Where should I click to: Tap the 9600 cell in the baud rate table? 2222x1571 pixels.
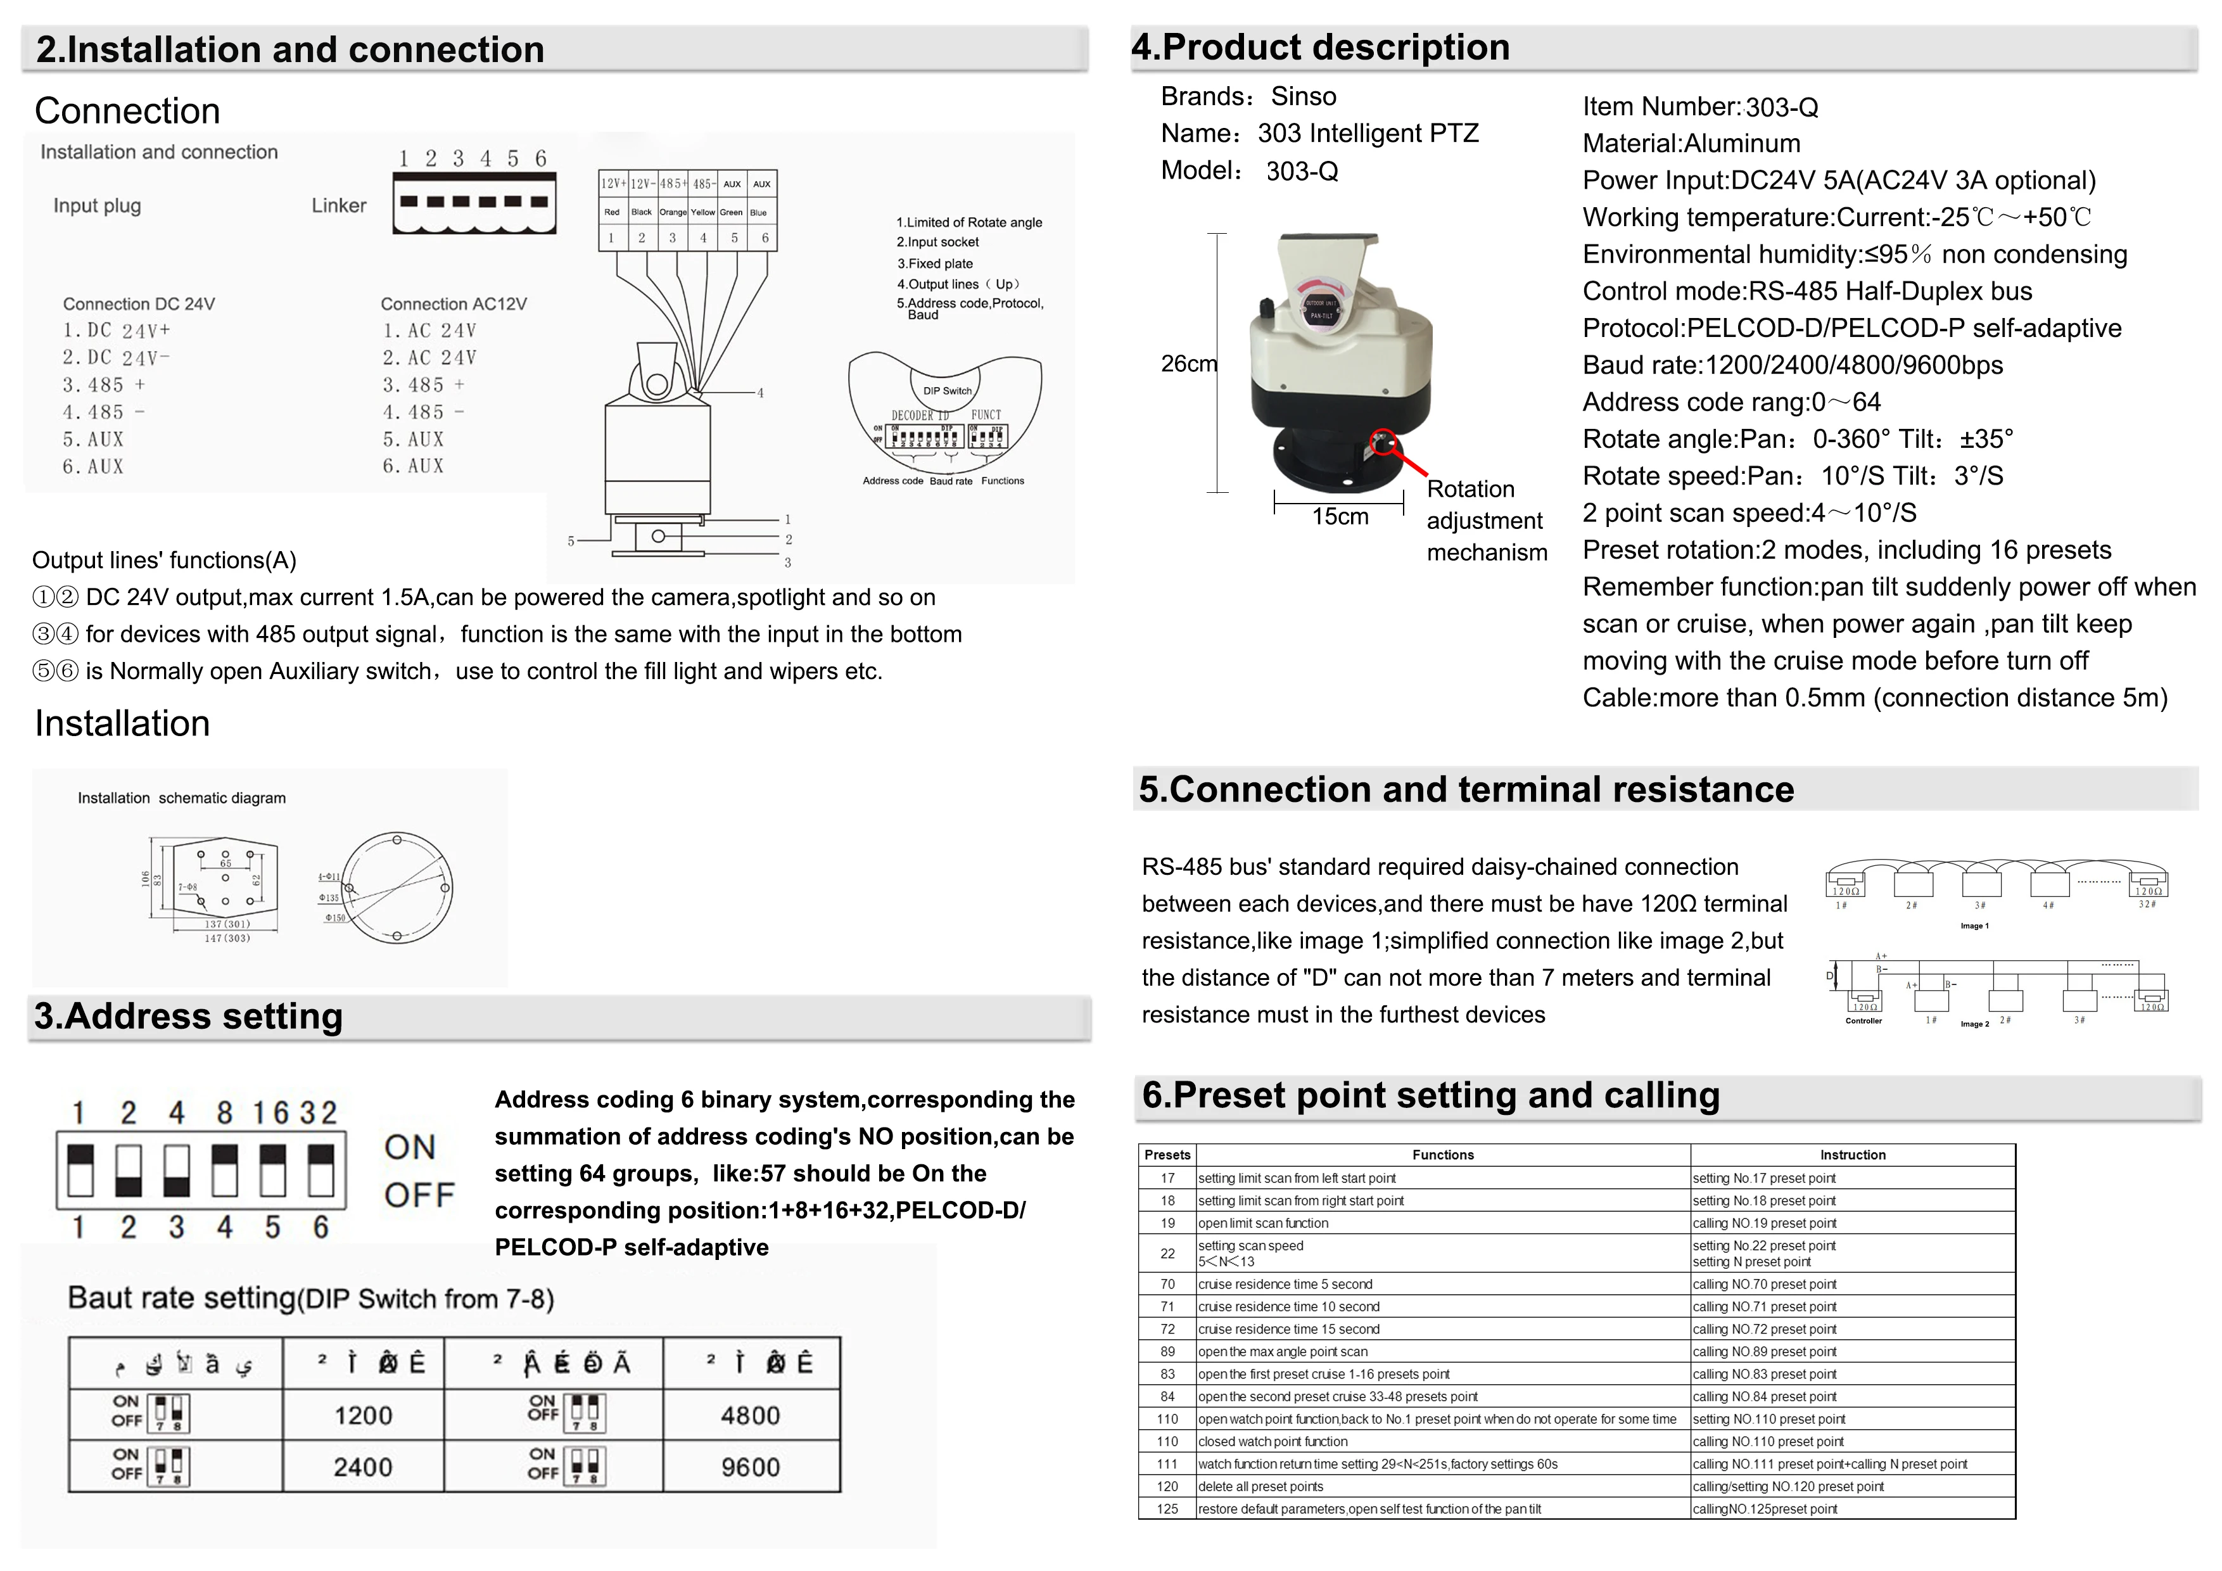pyautogui.click(x=750, y=1468)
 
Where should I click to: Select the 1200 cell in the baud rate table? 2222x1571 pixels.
pyautogui.click(x=363, y=1415)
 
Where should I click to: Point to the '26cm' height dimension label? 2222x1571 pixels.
pyautogui.click(x=1188, y=364)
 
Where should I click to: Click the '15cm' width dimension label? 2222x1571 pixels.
pyautogui.click(x=1340, y=517)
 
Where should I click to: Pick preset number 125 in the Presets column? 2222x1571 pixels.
pyautogui.click(x=1167, y=1509)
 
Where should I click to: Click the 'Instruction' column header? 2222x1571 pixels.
pyautogui.click(x=1852, y=1155)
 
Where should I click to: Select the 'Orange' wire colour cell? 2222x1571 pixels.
pyautogui.click(x=673, y=212)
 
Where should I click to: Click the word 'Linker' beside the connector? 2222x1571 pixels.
pyautogui.click(x=339, y=205)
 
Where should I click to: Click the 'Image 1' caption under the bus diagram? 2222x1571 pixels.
pyautogui.click(x=1974, y=926)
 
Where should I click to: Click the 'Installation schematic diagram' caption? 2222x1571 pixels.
pyautogui.click(x=181, y=799)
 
